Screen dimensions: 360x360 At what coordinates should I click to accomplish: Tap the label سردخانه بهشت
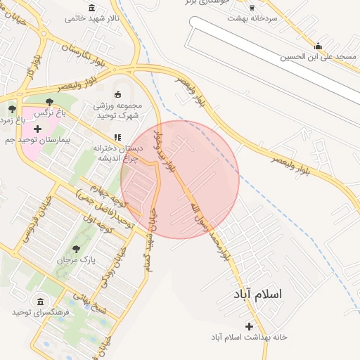pyautogui.click(x=251, y=18)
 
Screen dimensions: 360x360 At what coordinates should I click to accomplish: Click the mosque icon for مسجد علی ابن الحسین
pyautogui.click(x=319, y=46)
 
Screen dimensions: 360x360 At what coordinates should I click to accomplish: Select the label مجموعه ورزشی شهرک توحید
pyautogui.click(x=118, y=110)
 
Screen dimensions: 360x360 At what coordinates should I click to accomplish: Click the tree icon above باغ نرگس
pyautogui.click(x=48, y=103)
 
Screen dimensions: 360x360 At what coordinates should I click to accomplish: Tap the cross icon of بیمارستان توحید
pyautogui.click(x=37, y=129)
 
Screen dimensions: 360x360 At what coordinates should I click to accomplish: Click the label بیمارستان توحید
pyautogui.click(x=44, y=141)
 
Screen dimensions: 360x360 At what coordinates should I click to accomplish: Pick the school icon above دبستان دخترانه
pyautogui.click(x=117, y=138)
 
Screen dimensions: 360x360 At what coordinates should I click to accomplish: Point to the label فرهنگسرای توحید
pyautogui.click(x=40, y=311)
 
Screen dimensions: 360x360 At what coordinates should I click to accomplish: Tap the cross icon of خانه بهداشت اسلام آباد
pyautogui.click(x=249, y=326)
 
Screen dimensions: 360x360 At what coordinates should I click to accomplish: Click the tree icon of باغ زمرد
pyautogui.click(x=12, y=109)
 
